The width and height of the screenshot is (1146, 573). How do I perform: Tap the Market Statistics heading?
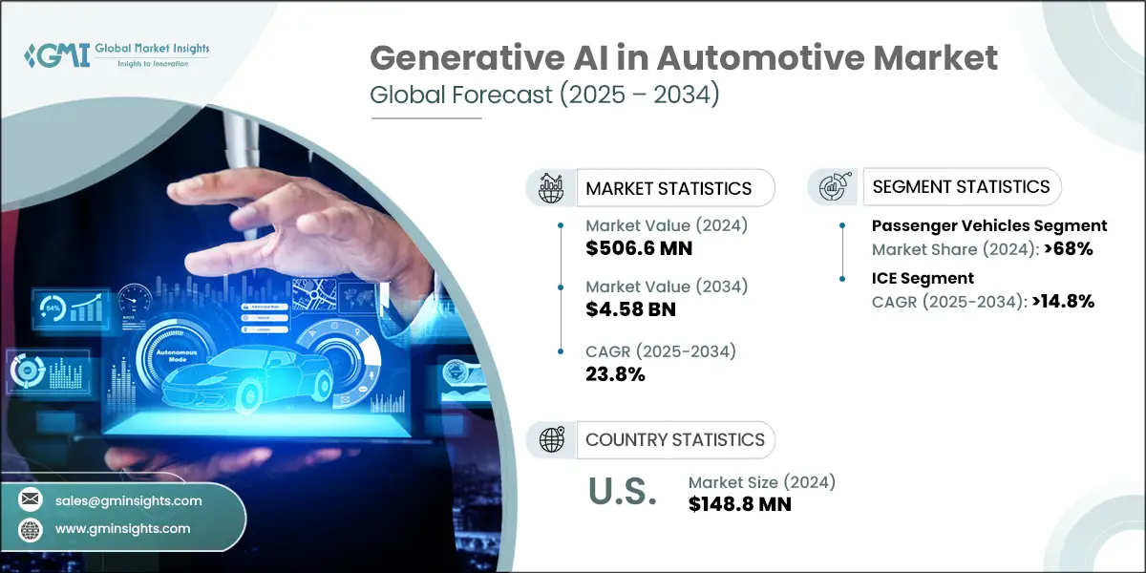click(668, 188)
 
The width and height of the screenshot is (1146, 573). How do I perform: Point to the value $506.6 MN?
click(639, 248)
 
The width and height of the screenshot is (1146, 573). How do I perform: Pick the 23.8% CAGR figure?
click(615, 374)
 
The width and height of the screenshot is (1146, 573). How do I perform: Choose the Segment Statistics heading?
click(961, 186)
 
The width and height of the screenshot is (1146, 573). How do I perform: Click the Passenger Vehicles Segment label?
click(988, 226)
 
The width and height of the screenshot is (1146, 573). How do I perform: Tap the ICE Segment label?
click(923, 278)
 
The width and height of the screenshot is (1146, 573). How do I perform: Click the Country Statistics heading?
click(674, 439)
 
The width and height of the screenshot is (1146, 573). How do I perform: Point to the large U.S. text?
click(621, 493)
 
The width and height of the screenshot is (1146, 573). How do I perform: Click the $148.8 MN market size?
click(739, 504)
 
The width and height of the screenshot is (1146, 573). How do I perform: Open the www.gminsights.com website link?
click(122, 528)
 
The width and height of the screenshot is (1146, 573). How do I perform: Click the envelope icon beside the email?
click(31, 499)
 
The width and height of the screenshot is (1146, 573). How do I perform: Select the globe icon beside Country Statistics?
click(551, 439)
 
